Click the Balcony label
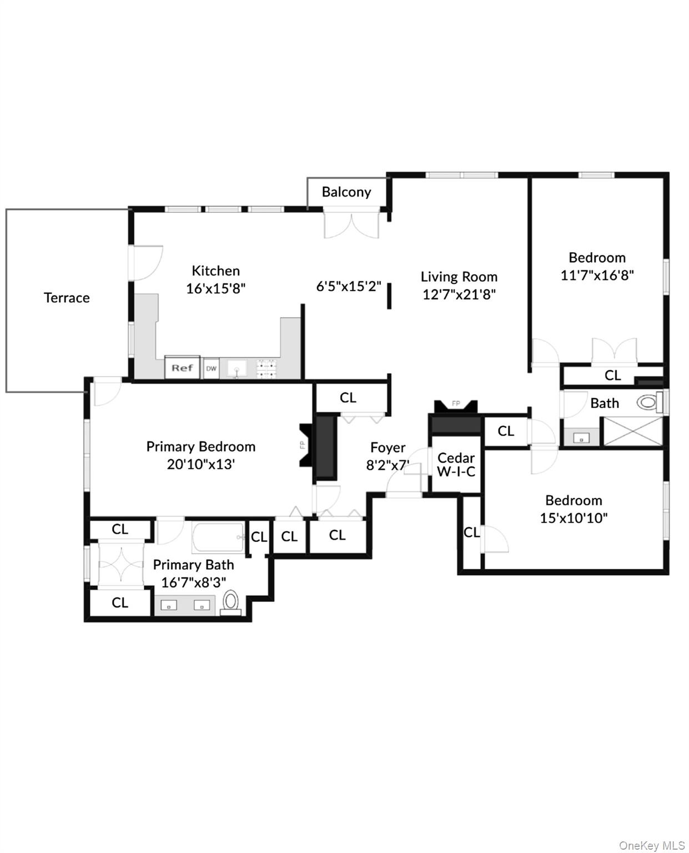click(346, 192)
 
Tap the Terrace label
click(67, 298)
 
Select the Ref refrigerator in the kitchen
click(182, 368)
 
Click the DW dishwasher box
click(211, 368)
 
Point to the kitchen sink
click(238, 369)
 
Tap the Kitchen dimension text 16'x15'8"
click(215, 289)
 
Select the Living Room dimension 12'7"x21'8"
click(459, 294)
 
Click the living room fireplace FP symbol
click(456, 405)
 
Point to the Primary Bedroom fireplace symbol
click(305, 445)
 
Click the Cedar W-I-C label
click(456, 465)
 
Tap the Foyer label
click(388, 448)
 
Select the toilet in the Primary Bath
click(230, 602)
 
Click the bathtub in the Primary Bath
click(218, 538)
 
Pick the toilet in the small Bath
click(647, 402)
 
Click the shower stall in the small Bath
click(633, 431)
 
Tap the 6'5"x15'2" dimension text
click(349, 287)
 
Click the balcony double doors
click(351, 225)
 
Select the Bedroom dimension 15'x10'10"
click(574, 518)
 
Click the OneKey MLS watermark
click(651, 845)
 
